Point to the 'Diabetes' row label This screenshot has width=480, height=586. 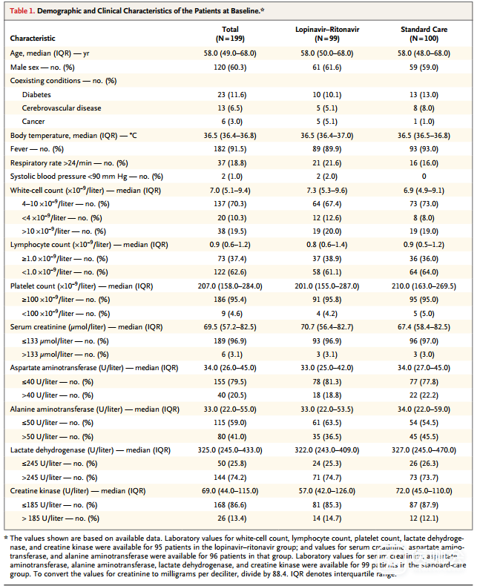(x=37, y=95)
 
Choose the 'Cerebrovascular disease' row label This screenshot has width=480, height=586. (x=62, y=108)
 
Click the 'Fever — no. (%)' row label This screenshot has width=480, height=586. (x=40, y=149)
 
